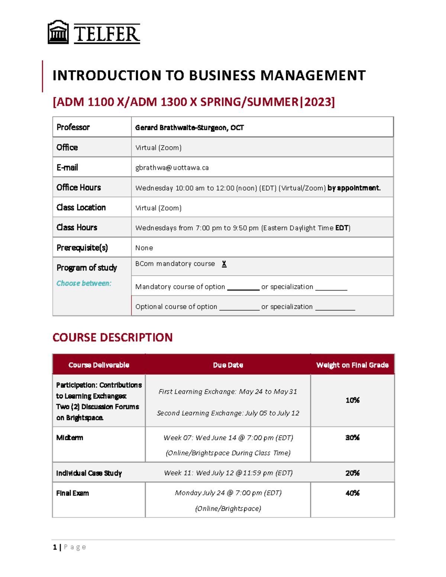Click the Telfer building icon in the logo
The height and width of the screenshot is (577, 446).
click(x=58, y=32)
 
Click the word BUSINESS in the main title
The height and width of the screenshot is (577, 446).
click(x=222, y=75)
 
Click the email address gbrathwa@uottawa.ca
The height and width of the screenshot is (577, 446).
click(x=172, y=168)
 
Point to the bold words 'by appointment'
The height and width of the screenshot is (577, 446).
click(x=353, y=188)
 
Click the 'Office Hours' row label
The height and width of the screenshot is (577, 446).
click(x=78, y=188)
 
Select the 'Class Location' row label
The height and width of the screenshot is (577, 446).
click(x=81, y=208)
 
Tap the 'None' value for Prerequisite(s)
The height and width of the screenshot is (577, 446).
click(x=144, y=248)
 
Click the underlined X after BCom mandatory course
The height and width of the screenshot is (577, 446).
click(x=224, y=264)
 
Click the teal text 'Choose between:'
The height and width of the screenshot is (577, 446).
click(x=84, y=283)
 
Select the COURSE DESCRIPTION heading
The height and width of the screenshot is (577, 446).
click(x=112, y=337)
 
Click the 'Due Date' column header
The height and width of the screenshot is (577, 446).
click(x=228, y=365)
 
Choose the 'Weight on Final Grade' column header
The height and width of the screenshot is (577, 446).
click(x=352, y=365)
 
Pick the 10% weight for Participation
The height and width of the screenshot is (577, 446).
click(x=352, y=400)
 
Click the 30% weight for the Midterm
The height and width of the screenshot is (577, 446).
click(x=352, y=438)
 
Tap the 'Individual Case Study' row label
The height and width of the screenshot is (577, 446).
click(x=89, y=473)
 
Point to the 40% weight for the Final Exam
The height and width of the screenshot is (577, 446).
click(x=352, y=493)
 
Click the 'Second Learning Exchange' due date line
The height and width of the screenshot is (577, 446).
click(x=228, y=413)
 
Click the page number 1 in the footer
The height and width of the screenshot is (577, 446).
click(x=55, y=547)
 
